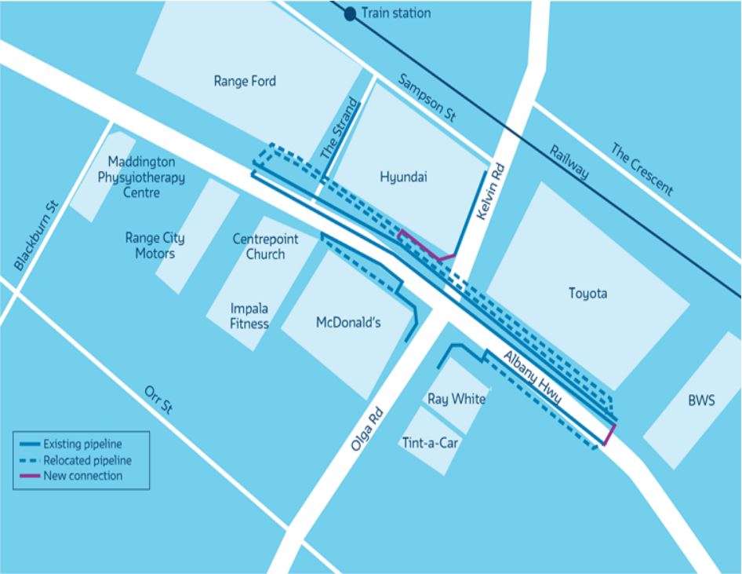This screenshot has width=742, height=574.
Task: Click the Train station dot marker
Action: click(x=350, y=13)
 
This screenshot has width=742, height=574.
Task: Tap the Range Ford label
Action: click(x=245, y=81)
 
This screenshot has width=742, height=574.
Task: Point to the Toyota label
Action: click(x=587, y=294)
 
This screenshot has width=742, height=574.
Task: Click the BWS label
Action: click(x=701, y=400)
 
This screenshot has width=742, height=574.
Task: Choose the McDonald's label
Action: click(x=347, y=321)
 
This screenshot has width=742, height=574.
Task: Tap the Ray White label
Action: click(x=456, y=400)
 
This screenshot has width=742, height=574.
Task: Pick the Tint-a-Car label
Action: click(x=430, y=441)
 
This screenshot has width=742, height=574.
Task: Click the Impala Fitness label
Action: click(x=249, y=316)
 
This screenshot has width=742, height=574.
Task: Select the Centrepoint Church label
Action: click(x=259, y=247)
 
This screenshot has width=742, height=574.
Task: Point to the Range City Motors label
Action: click(x=155, y=245)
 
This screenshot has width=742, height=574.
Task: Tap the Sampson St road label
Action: click(x=427, y=98)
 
